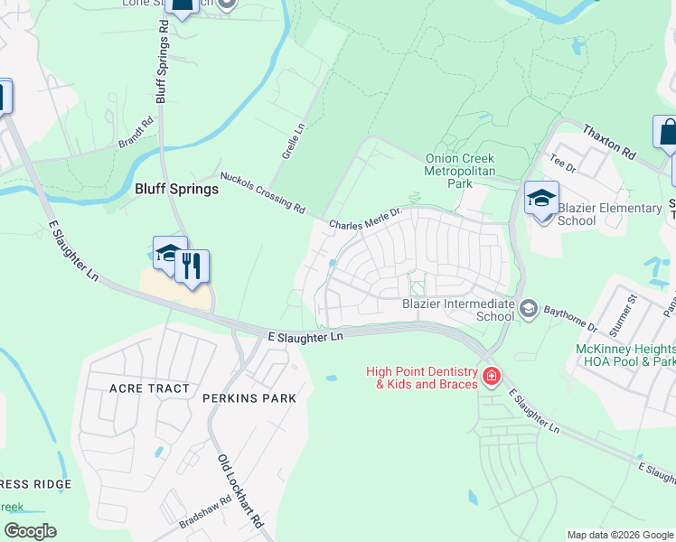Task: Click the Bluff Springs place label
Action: [x=176, y=189]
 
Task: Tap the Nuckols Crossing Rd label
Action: [x=262, y=191]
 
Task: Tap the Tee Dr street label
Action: [x=562, y=163]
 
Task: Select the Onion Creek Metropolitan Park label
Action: [x=462, y=171]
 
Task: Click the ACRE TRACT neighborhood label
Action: [x=149, y=388]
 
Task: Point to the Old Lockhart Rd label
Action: [x=239, y=491]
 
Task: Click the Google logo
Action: [x=30, y=531]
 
